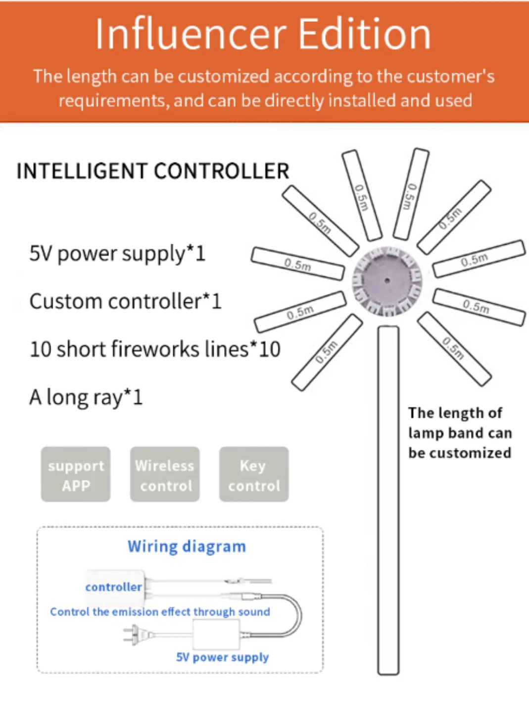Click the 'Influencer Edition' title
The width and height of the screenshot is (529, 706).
(263, 34)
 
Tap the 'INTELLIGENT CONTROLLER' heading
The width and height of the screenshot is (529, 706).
(153, 171)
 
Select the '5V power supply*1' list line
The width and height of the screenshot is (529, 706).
(117, 254)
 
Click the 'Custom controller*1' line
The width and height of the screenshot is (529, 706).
(125, 301)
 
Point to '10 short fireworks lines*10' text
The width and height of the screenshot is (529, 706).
(155, 349)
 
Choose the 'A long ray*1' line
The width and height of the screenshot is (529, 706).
(86, 397)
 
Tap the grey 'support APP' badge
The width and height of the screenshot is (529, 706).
(76, 475)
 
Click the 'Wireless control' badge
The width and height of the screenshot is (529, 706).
(165, 475)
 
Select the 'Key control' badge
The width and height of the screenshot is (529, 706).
(254, 475)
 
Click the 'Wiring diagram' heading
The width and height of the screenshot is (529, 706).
(187, 546)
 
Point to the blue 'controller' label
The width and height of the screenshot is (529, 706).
(113, 587)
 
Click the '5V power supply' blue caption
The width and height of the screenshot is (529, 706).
(222, 657)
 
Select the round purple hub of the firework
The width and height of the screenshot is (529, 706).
(387, 281)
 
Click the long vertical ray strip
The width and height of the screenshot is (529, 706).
(388, 500)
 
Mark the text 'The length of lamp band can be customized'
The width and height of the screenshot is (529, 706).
(459, 433)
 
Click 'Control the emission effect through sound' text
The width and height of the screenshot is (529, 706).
(160, 612)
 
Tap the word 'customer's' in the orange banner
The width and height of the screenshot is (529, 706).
(460, 77)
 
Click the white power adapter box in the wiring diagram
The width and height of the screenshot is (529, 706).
(216, 634)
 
